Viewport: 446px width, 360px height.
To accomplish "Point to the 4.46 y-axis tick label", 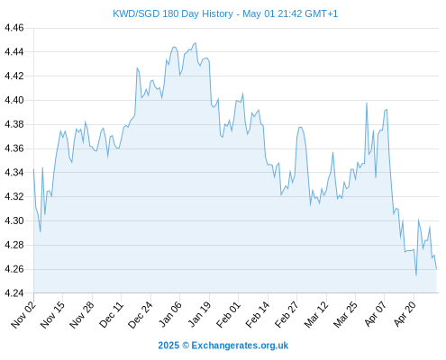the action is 14,28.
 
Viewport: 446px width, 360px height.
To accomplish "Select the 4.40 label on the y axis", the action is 14,100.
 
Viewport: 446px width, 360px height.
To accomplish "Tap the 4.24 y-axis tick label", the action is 14,293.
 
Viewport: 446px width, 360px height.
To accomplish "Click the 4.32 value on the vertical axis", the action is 14,197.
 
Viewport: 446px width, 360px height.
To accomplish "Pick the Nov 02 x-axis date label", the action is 23,315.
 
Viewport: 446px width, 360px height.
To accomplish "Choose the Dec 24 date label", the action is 141,315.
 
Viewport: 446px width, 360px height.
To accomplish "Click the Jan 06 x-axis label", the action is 170,315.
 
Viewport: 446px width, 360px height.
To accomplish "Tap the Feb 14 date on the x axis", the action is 258,315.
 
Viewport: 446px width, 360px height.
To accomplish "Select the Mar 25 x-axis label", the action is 346,315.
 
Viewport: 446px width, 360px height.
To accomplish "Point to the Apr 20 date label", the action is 405,315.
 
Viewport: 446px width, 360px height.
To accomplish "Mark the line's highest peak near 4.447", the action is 196,43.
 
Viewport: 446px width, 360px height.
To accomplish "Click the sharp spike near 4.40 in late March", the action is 367,103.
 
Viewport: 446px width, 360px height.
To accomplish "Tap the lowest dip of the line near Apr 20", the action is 416,275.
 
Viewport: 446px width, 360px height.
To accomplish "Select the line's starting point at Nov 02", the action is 33,169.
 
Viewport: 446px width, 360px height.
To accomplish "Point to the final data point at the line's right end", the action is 436,269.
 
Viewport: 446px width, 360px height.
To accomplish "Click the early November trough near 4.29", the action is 41,231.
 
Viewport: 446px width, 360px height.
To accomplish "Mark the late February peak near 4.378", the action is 300,127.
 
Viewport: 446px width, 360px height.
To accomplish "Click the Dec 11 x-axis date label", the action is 111,315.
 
